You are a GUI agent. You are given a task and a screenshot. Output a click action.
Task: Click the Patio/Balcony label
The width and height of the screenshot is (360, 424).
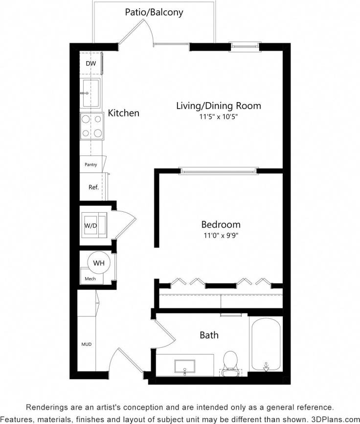click(x=154, y=12)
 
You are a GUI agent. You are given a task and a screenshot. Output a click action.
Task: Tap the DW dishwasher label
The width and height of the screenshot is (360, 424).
click(x=91, y=64)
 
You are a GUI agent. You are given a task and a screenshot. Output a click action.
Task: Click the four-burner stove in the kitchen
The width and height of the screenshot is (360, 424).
click(x=91, y=126)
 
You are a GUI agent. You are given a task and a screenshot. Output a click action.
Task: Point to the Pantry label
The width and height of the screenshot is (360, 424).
click(x=91, y=165)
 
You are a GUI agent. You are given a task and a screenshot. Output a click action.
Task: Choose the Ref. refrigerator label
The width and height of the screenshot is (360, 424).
click(x=93, y=187)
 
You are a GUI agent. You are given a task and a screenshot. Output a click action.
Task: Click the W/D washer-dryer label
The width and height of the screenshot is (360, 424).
click(x=90, y=225)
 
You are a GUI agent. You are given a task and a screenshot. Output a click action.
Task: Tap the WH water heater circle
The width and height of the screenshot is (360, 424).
click(x=99, y=263)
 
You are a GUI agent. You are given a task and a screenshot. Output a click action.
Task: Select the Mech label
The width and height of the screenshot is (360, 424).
click(x=90, y=279)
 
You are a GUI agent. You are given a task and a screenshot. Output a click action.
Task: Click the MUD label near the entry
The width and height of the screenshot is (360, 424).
click(x=86, y=344)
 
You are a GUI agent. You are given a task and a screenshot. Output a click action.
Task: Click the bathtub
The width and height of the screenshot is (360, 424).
click(x=266, y=344)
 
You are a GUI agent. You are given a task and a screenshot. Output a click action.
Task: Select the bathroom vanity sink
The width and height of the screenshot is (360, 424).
click(x=185, y=366)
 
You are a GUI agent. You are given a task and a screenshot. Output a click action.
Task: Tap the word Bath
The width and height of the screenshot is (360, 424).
click(x=209, y=335)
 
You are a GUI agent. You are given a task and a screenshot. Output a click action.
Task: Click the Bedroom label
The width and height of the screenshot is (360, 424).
click(x=221, y=225)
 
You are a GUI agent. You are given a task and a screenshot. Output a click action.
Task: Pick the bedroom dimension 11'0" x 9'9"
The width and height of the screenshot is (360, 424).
click(x=221, y=236)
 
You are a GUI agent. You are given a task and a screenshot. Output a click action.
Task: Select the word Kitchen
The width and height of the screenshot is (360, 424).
click(x=123, y=113)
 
